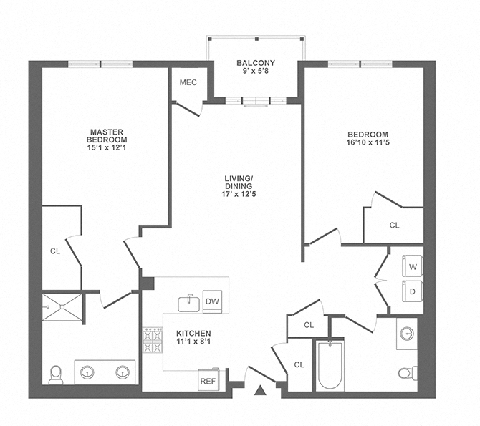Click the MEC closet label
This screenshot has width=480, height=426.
click(188, 82)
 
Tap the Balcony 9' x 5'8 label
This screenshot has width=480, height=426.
click(256, 67)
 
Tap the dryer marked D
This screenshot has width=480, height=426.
click(413, 291)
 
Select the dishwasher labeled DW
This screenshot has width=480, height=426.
click(212, 301)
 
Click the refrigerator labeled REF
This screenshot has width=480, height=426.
click(208, 380)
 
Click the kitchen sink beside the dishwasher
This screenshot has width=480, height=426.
click(188, 302)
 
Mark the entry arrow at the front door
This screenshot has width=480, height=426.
click(260, 390)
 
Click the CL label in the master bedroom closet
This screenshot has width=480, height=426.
click(55, 251)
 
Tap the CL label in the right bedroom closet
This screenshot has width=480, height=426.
click(394, 226)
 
